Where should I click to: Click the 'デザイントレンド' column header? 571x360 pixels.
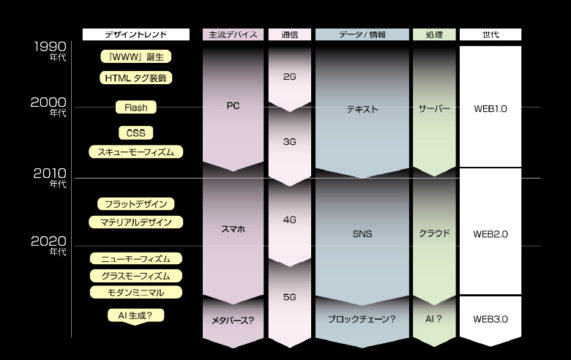click(136, 34)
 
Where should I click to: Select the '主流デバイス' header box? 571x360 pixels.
click(233, 34)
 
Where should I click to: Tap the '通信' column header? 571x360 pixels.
click(290, 34)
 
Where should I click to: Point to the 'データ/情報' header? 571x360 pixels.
click(362, 34)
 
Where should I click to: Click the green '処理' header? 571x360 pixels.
click(434, 34)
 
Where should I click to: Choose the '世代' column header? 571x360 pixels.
click(490, 34)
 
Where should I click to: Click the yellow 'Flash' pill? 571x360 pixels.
click(136, 108)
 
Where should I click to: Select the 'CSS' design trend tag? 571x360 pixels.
click(136, 133)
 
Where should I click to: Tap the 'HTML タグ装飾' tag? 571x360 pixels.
click(136, 78)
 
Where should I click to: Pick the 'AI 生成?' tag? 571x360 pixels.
click(136, 315)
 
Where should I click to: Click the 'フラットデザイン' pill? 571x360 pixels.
click(136, 204)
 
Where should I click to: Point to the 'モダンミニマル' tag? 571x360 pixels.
click(136, 292)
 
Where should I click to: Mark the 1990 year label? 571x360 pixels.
click(51, 47)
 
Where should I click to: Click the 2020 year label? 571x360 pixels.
click(49, 241)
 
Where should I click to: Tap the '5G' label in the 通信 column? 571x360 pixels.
click(290, 297)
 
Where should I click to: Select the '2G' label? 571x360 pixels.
click(290, 77)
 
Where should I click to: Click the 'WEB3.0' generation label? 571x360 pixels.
click(490, 319)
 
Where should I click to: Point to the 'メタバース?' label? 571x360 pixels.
click(233, 320)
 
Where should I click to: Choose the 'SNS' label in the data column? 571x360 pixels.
click(362, 234)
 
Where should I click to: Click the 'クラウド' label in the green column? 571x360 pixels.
click(434, 233)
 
